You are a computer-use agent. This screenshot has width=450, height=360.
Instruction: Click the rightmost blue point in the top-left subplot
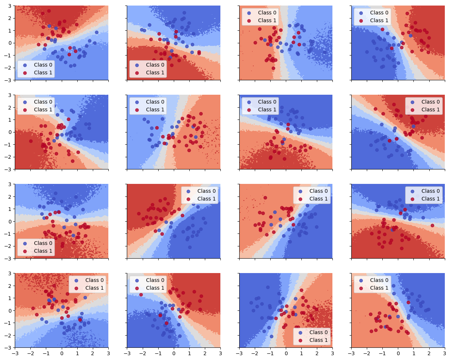point(97,32)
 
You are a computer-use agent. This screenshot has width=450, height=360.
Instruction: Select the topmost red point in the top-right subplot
point(407,14)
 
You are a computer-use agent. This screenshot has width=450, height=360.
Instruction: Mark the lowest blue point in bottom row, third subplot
point(271,336)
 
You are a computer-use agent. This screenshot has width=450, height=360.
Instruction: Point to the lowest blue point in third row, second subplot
point(190,247)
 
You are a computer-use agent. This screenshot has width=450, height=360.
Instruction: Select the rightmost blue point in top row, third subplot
point(324,52)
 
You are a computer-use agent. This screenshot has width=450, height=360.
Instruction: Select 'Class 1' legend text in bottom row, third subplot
point(318,340)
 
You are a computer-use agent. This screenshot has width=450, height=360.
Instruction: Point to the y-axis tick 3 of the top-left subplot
point(11,6)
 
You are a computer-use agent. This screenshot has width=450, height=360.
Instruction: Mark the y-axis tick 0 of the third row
point(11,221)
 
